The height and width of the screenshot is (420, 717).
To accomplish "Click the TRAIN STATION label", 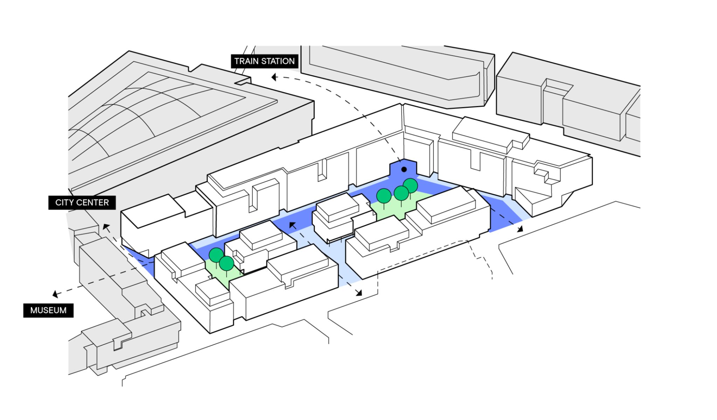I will click(x=264, y=61).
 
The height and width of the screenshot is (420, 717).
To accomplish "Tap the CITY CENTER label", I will click(x=82, y=203).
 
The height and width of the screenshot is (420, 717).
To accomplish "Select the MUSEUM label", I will click(x=48, y=310).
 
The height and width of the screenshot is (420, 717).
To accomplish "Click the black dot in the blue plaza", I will click(x=404, y=169).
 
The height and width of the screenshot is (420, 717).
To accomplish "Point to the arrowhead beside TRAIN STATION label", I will click(x=274, y=77).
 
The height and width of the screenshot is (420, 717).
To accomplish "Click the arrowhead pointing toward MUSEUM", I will click(x=55, y=294).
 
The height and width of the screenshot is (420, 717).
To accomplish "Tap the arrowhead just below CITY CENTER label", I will click(x=106, y=227).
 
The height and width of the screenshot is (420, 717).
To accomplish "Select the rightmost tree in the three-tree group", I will click(x=410, y=185).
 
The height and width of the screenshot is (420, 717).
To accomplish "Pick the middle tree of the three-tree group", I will click(x=401, y=193).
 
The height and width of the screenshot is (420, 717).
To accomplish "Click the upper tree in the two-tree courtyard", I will click(x=216, y=255).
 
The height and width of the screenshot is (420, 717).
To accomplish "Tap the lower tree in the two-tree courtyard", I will click(x=227, y=263).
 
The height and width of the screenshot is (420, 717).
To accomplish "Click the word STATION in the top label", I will click(x=278, y=61).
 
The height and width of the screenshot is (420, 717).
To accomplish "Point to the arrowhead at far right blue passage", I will click(x=520, y=229).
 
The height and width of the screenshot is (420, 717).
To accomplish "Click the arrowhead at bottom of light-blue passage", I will click(x=359, y=293).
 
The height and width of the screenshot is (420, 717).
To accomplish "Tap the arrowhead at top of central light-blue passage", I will click(x=292, y=225).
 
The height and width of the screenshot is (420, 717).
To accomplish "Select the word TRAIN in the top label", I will click(x=246, y=61).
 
